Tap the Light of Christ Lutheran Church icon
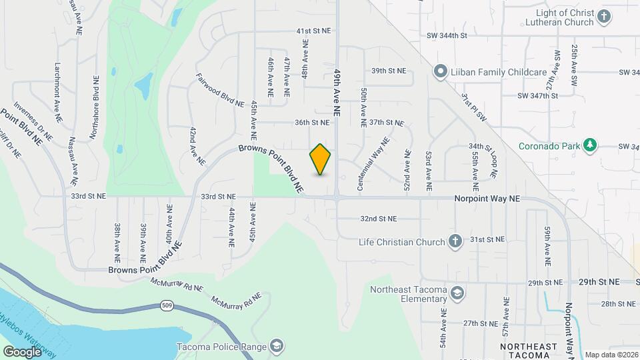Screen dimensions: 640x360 click(x=604, y=17)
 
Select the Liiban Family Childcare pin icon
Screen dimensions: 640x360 click(x=440, y=71)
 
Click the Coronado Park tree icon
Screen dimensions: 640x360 click(x=589, y=145)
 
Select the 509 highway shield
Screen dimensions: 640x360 click(x=167, y=306)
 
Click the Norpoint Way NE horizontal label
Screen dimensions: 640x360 click(x=487, y=199)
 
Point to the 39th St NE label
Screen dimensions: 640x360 click(x=388, y=71)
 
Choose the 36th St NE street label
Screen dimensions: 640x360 click(x=312, y=122)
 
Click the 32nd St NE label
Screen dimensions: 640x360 click(x=378, y=218)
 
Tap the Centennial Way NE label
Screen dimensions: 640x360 click(x=373, y=165)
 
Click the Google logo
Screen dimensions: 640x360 click(x=22, y=352)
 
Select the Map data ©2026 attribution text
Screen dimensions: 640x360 click(x=611, y=355)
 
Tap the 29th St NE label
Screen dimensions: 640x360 click(x=546, y=283)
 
